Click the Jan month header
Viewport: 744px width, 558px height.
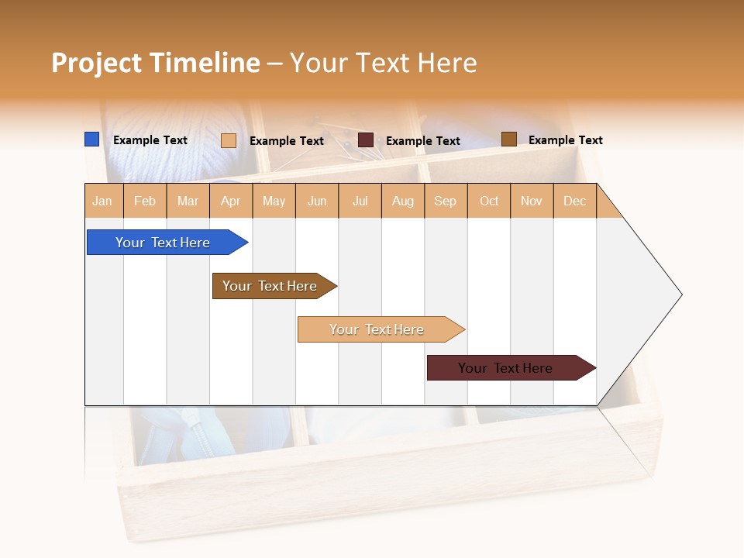click(x=102, y=201)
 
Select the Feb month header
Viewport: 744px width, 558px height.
click(x=145, y=201)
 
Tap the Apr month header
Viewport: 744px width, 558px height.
click(x=230, y=201)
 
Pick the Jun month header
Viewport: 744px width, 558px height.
click(x=317, y=201)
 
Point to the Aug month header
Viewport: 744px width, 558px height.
click(x=402, y=201)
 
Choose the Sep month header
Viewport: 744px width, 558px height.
click(x=445, y=201)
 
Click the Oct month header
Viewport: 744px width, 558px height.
click(x=489, y=201)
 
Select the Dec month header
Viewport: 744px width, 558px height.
click(x=574, y=201)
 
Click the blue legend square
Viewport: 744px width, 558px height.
click(x=91, y=139)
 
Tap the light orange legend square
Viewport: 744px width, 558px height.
click(x=228, y=140)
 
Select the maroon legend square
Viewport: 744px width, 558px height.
click(x=366, y=139)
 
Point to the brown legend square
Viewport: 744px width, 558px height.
click(x=508, y=139)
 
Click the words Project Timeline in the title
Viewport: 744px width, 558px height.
click(x=155, y=63)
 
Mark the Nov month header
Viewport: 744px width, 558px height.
click(x=532, y=201)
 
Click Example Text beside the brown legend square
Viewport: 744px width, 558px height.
click(x=565, y=139)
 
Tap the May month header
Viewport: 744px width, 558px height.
click(x=274, y=201)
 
